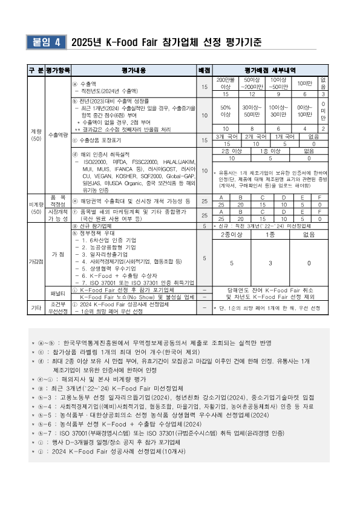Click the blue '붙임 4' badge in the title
point(45,42)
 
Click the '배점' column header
point(205,70)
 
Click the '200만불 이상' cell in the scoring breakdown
point(226,83)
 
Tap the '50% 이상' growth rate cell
point(226,110)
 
